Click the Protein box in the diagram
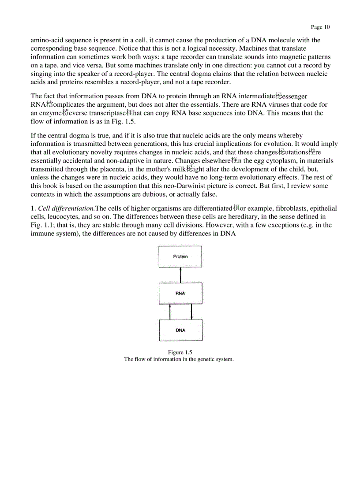[x=180, y=257]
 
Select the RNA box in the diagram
[x=180, y=293]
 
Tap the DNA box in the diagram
[x=180, y=330]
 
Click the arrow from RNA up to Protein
[x=180, y=275]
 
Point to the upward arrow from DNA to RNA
[x=170, y=311]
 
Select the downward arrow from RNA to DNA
[x=191, y=311]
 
